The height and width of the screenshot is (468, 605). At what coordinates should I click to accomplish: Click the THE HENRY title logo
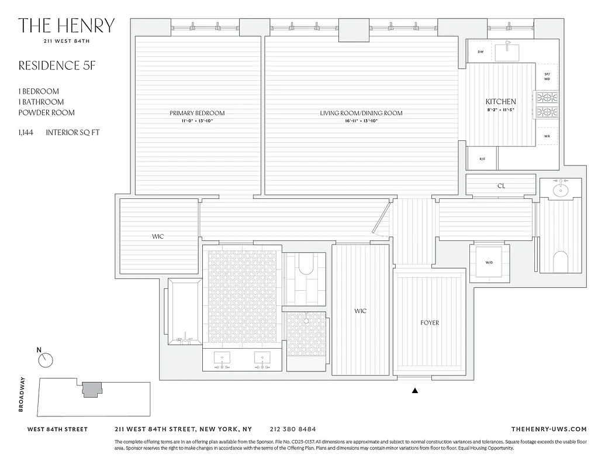(66, 25)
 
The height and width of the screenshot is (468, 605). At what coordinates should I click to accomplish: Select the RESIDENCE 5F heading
(56, 66)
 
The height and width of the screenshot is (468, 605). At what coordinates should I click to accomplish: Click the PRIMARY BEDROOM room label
(197, 113)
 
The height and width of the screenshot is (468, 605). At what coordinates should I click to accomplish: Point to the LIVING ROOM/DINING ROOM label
(361, 113)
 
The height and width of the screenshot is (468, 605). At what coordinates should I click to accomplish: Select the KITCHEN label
(500, 101)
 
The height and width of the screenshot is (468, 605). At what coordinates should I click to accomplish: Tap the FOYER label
(429, 322)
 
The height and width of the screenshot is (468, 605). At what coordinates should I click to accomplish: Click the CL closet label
(501, 186)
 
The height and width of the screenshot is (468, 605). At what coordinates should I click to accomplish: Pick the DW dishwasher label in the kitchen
(480, 52)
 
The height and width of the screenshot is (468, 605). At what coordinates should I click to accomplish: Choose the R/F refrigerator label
(482, 159)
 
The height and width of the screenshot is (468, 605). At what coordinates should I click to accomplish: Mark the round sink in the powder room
(560, 190)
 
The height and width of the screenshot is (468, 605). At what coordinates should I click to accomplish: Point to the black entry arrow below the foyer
(416, 390)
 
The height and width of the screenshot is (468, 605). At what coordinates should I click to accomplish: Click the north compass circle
(46, 360)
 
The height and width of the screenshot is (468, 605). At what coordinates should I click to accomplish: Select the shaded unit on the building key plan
(91, 390)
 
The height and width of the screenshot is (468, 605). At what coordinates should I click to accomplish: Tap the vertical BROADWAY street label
(22, 394)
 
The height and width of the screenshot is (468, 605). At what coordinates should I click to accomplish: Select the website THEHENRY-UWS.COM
(548, 429)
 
